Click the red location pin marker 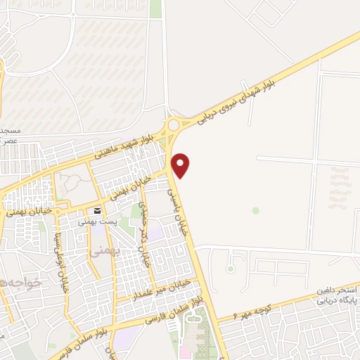[x=181, y=165]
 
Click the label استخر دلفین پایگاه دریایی [x=333, y=295]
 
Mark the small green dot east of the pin [x=256, y=210]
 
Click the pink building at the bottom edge [x=187, y=350]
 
